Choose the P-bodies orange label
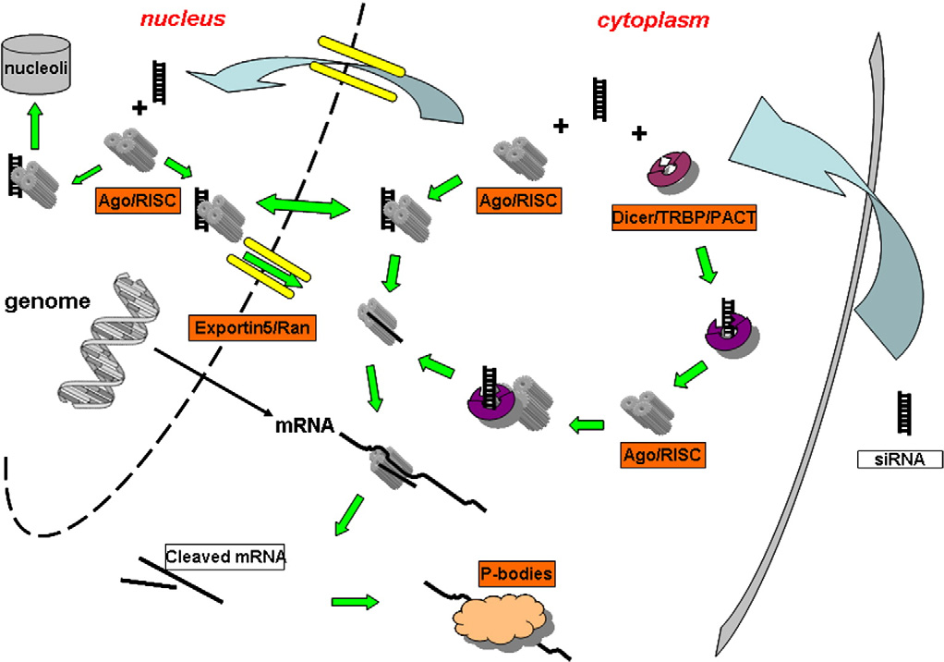[x=515, y=574]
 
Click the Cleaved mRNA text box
[x=224, y=558]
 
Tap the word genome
[x=46, y=301]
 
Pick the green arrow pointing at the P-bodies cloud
[x=355, y=602]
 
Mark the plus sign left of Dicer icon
[x=638, y=134]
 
